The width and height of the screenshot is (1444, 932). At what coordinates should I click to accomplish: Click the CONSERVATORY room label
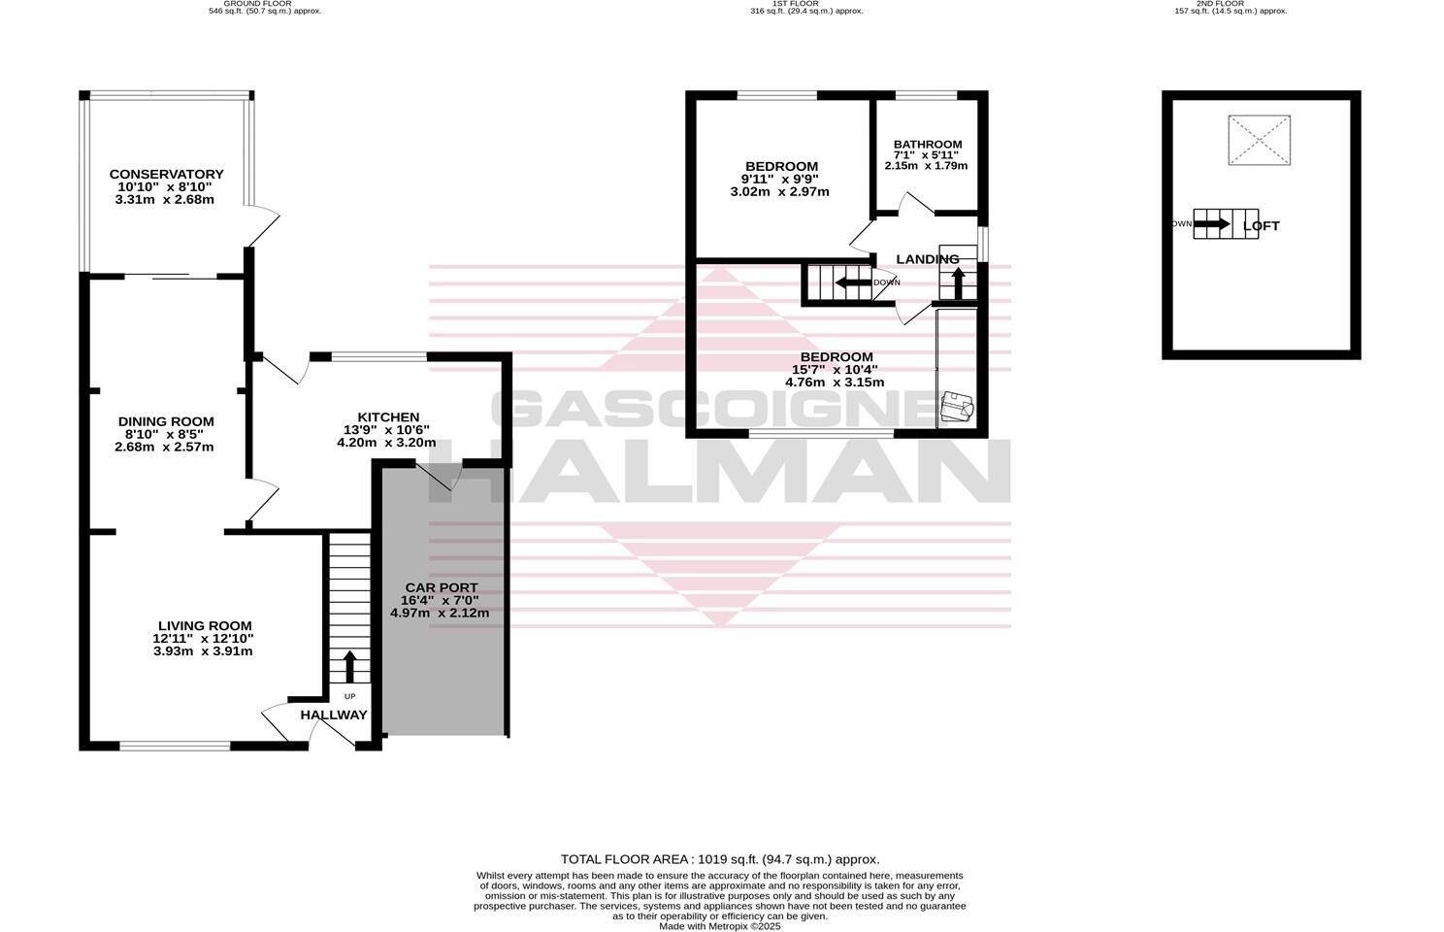click(x=166, y=175)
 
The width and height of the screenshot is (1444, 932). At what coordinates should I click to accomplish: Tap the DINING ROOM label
click(x=166, y=421)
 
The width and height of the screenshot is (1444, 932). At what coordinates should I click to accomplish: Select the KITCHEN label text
click(x=388, y=417)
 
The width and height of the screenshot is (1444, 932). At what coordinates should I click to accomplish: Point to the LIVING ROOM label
click(x=205, y=626)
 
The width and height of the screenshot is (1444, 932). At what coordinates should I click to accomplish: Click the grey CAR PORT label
click(x=442, y=588)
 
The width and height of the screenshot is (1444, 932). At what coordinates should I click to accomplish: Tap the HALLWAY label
click(x=334, y=716)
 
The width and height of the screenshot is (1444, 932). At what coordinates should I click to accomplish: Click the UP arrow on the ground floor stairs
click(x=349, y=667)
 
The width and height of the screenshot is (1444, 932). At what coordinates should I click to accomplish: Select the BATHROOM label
click(x=928, y=145)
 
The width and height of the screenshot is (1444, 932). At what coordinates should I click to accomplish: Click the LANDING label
click(x=927, y=259)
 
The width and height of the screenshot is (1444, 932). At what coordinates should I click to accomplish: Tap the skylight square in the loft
click(x=1259, y=140)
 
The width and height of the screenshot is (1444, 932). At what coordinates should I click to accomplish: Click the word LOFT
click(x=1262, y=226)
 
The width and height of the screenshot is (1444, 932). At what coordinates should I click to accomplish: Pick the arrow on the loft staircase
click(x=1212, y=224)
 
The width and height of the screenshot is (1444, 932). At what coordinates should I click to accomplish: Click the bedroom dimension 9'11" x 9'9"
click(x=780, y=180)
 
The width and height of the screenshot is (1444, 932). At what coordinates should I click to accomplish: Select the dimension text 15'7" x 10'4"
click(x=836, y=370)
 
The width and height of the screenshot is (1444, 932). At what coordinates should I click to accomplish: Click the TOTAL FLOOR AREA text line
click(x=720, y=859)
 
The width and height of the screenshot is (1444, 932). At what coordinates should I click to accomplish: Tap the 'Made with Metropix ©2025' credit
click(x=720, y=926)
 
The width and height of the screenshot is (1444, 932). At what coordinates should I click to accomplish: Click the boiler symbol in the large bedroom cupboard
click(x=958, y=407)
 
